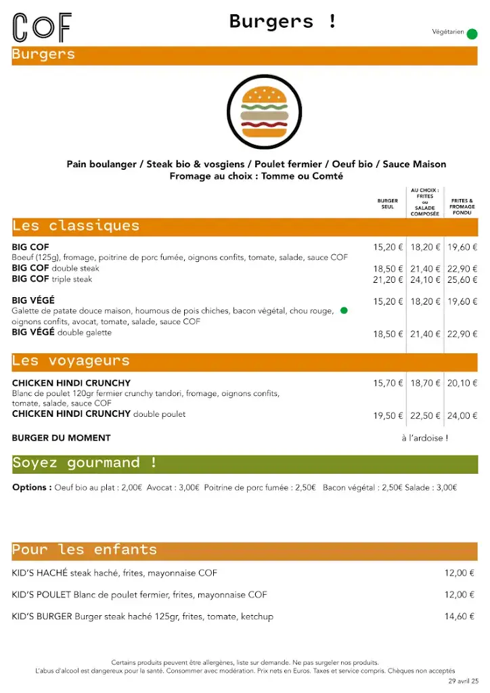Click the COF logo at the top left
pyautogui.click(x=42, y=28)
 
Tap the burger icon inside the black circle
pyautogui.click(x=264, y=112)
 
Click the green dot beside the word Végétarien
pyautogui.click(x=472, y=34)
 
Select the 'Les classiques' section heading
pyautogui.click(x=76, y=226)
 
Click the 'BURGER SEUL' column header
pyautogui.click(x=388, y=204)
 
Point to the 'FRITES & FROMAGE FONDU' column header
pyautogui.click(x=462, y=206)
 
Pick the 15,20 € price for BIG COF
pyautogui.click(x=388, y=248)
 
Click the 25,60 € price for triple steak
pyautogui.click(x=462, y=280)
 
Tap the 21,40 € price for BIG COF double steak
pyautogui.click(x=425, y=269)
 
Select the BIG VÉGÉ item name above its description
pyautogui.click(x=33, y=300)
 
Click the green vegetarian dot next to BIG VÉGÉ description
pyautogui.click(x=344, y=311)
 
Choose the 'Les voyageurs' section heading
pyautogui.click(x=70, y=361)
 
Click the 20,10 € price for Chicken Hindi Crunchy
pyautogui.click(x=462, y=383)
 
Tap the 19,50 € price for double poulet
pyautogui.click(x=388, y=416)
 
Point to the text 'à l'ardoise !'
pyautogui.click(x=424, y=438)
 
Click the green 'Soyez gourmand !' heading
pyautogui.click(x=85, y=464)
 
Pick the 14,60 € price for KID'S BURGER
pyautogui.click(x=459, y=617)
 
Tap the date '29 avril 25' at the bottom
pyautogui.click(x=463, y=681)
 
